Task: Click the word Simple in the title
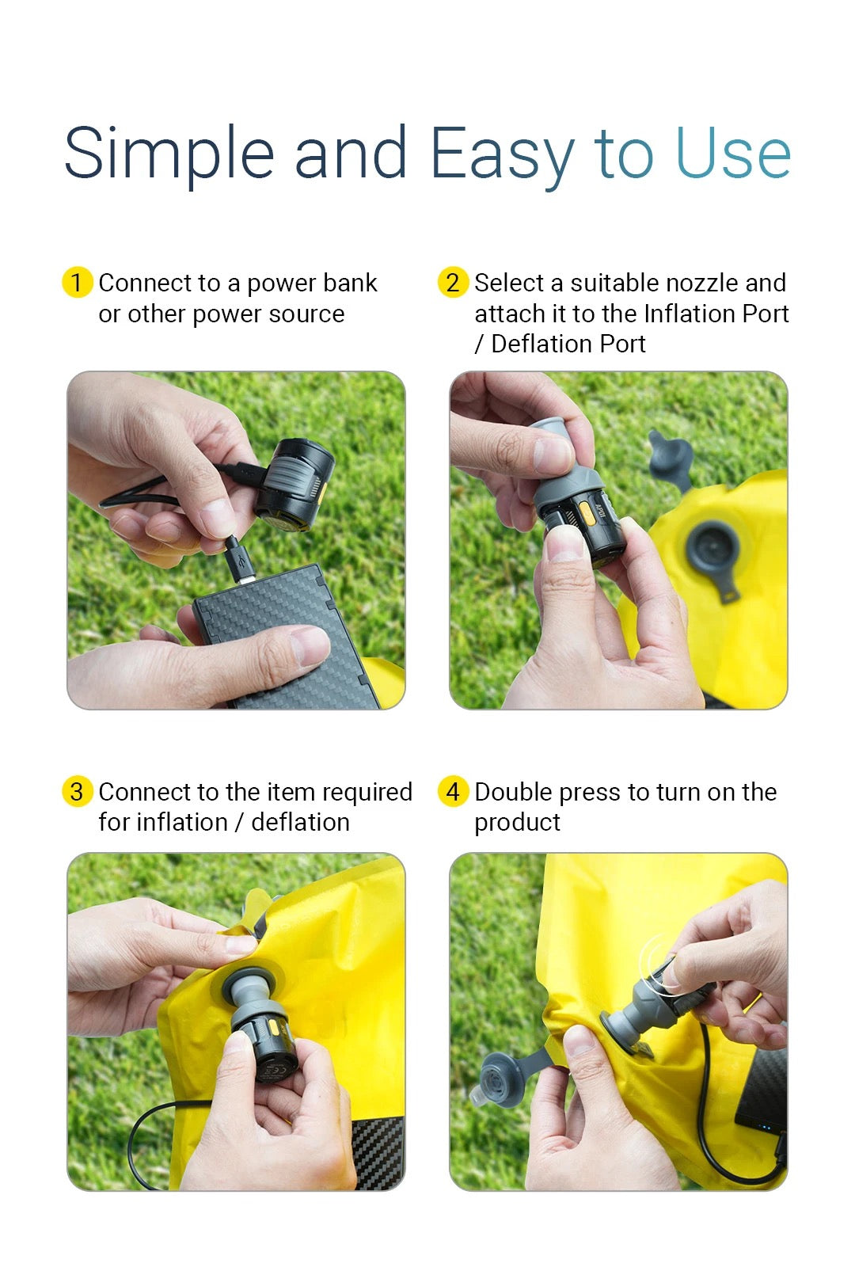(169, 154)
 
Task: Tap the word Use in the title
(732, 154)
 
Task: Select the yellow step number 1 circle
(77, 283)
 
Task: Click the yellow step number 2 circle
(453, 283)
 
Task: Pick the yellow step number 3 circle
(77, 792)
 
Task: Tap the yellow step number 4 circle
(453, 792)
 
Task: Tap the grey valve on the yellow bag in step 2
(712, 548)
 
